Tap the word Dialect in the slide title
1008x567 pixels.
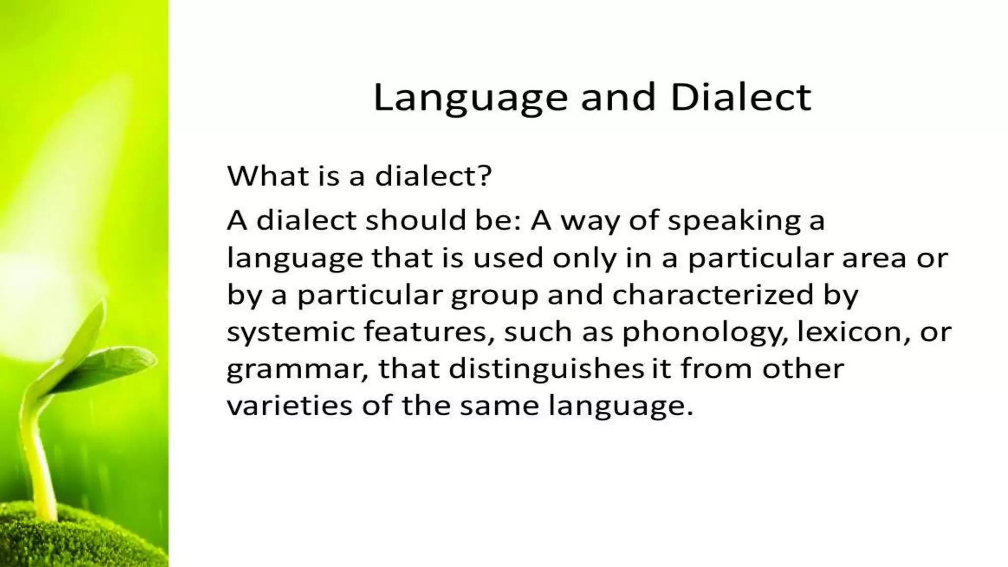(x=740, y=97)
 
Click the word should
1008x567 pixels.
(x=416, y=220)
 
